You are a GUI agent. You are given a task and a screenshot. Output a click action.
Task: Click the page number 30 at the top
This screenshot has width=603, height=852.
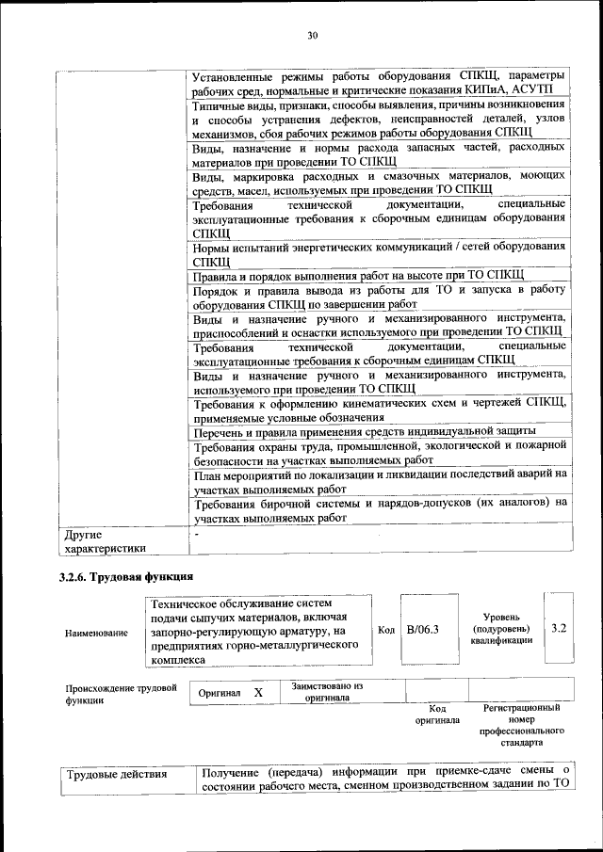point(313,36)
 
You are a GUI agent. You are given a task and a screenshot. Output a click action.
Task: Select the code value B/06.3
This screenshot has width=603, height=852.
point(423,629)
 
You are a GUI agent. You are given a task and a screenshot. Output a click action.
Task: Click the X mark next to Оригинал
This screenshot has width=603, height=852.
point(257,693)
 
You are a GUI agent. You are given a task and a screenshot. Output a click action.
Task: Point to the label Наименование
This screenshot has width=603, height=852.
point(96,633)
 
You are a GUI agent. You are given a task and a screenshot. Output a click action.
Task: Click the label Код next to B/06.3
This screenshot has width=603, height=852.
point(386,629)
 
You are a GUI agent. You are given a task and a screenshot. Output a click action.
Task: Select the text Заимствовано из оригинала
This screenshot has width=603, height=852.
point(326,692)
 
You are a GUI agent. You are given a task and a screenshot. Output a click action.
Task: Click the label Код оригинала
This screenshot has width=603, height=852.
point(437,714)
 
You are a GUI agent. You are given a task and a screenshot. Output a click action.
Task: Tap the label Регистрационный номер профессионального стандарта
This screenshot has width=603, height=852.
point(521,724)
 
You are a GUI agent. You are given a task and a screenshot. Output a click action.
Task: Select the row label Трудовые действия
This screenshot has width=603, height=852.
point(116,775)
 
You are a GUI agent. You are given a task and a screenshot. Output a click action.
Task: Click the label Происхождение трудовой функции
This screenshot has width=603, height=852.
point(121,694)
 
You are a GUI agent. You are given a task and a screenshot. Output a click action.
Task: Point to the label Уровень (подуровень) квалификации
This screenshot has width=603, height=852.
point(499,628)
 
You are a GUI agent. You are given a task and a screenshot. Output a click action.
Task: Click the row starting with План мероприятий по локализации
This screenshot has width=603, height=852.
point(379,482)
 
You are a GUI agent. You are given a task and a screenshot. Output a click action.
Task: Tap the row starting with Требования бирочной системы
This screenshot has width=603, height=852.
point(379,509)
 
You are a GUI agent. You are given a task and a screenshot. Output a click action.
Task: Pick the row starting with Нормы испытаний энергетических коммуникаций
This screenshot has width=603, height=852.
point(379,253)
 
